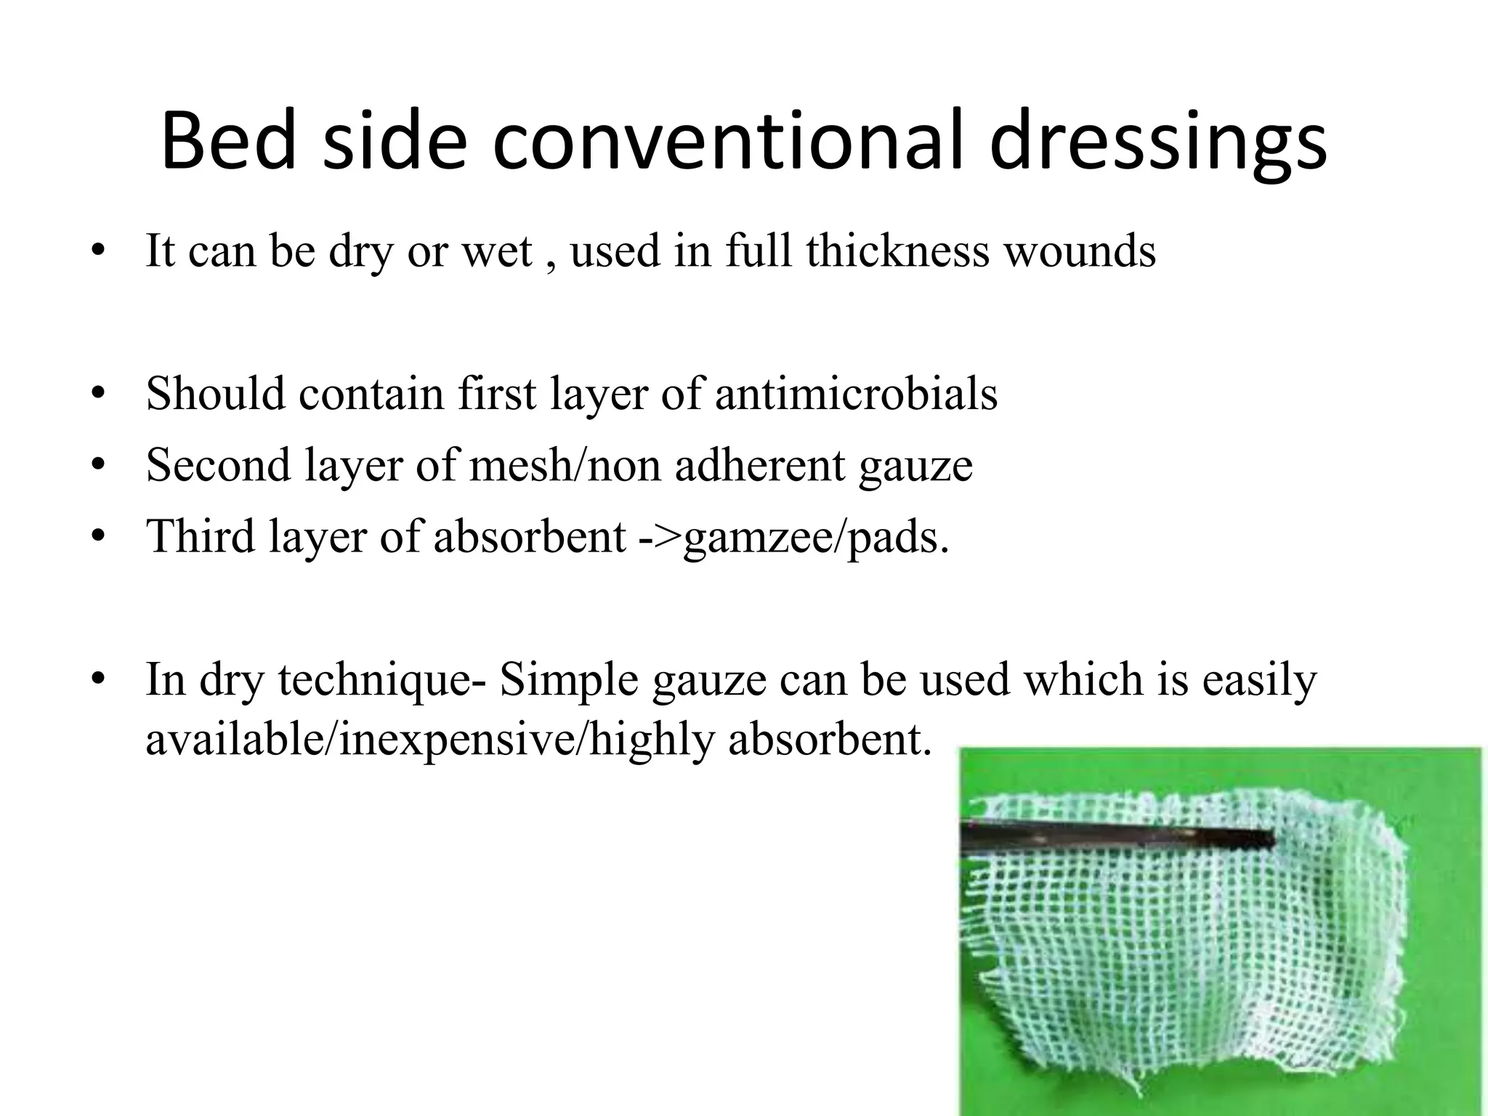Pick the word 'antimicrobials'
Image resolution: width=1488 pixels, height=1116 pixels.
(x=856, y=395)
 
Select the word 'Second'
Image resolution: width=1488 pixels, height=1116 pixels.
(x=218, y=465)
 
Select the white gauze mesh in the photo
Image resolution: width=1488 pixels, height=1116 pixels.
(x=1192, y=959)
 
